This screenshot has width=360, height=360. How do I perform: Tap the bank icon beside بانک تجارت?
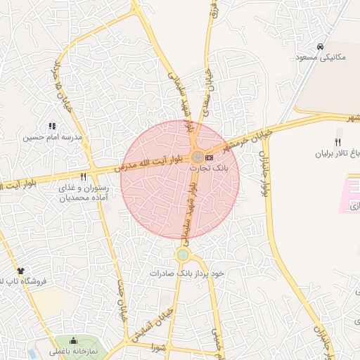click(210, 156)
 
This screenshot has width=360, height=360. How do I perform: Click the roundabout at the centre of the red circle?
click(199, 156)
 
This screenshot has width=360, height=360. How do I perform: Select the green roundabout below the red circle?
click(183, 255)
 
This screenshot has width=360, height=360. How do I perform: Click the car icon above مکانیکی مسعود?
click(321, 46)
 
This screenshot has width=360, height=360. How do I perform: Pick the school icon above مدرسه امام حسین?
click(52, 126)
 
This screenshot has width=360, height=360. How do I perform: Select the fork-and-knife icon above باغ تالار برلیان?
click(337, 142)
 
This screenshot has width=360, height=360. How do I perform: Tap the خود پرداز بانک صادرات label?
click(186, 272)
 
